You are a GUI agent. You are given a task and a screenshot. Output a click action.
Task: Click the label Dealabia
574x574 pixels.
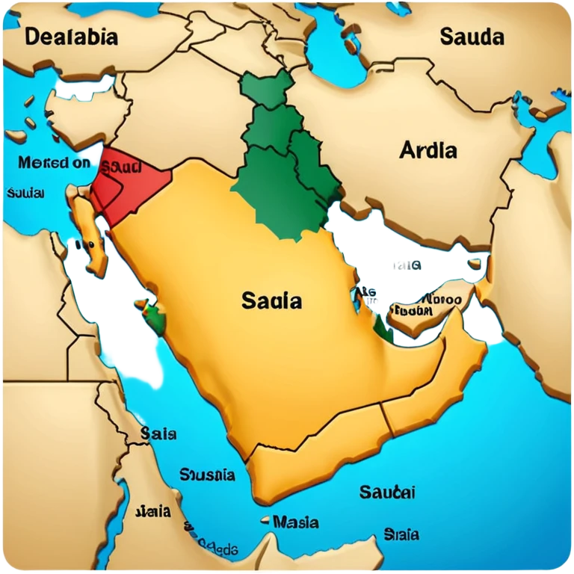(71, 37)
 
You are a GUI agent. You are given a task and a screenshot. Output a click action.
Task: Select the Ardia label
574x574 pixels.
(428, 149)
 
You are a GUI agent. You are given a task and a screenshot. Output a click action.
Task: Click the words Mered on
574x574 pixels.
(54, 162)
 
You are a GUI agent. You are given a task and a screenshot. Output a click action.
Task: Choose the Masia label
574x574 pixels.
(295, 522)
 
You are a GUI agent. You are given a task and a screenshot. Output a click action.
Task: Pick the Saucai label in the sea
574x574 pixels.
(387, 492)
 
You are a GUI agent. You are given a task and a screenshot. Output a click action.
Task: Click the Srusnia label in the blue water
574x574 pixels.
(207, 475)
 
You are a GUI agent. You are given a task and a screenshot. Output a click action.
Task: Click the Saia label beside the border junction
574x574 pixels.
(158, 433)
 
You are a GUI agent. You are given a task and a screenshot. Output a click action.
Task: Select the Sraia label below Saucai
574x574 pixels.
(401, 534)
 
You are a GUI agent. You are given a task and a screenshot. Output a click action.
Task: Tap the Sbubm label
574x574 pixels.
(413, 310)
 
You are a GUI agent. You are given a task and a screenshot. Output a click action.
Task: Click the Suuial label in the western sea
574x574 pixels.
(25, 194)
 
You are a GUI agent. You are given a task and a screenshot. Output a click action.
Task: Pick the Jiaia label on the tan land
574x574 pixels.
(152, 512)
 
